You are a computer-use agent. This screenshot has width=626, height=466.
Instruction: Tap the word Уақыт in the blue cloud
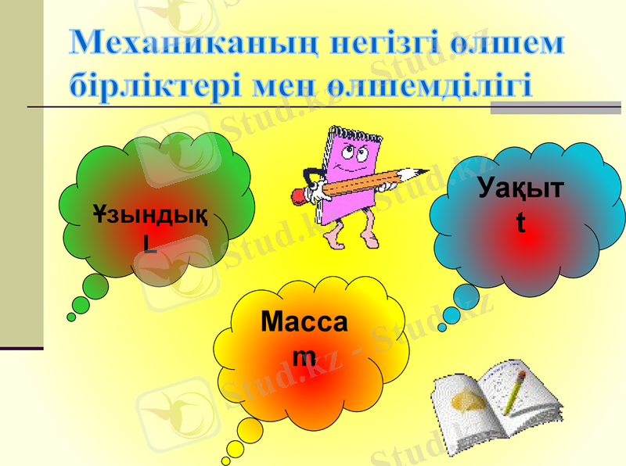[521, 189]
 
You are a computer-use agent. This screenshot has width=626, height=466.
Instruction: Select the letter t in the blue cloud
[520, 221]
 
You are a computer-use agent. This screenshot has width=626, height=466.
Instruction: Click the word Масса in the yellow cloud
[304, 321]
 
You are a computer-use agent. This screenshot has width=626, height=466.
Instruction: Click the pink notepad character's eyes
[358, 154]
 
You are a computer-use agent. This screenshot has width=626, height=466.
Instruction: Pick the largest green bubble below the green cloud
[95, 287]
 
